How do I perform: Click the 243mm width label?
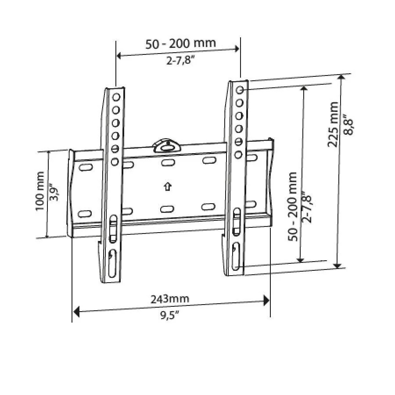click(x=170, y=299)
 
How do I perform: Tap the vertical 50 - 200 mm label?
click(x=293, y=206)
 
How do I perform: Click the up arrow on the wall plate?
click(x=166, y=187)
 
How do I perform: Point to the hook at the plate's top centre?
click(x=166, y=145)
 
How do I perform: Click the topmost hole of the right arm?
click(x=240, y=90)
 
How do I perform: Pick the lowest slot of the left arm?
click(x=112, y=263)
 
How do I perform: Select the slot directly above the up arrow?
click(x=166, y=163)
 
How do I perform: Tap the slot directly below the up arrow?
click(x=166, y=209)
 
